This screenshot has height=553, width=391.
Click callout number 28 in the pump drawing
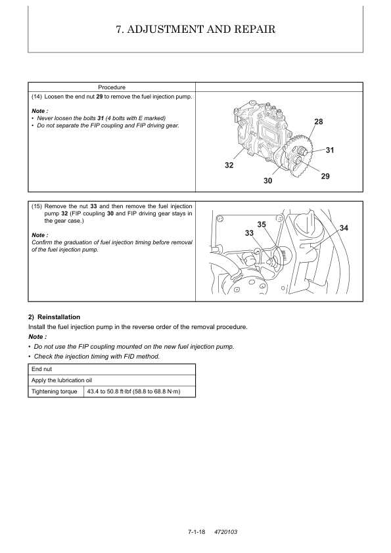tap(318, 122)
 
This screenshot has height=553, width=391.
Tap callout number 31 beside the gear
tap(330, 150)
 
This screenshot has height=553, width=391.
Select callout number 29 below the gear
tap(325, 176)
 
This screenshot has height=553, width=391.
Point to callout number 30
tap(268, 181)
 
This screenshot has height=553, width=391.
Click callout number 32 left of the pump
tap(229, 165)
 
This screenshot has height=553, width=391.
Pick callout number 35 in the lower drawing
tap(262, 225)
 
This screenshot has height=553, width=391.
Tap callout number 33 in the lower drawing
tap(249, 233)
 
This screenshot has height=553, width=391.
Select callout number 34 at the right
tap(344, 228)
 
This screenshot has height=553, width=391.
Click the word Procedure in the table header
tap(112, 87)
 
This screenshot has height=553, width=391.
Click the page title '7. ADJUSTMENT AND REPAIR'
tap(196, 29)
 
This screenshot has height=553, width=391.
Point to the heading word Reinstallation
tap(58, 317)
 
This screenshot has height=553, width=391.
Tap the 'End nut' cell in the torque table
tap(41, 369)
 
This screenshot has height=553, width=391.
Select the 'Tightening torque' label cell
tap(55, 391)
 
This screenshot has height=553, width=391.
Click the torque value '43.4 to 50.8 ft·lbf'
tap(109, 391)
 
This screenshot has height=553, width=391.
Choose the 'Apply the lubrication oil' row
tap(62, 380)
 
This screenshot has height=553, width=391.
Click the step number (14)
tap(37, 97)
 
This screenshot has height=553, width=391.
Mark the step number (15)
tap(37, 206)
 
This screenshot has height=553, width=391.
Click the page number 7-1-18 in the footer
tap(196, 531)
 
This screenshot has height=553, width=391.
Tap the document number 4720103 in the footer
tap(226, 531)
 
